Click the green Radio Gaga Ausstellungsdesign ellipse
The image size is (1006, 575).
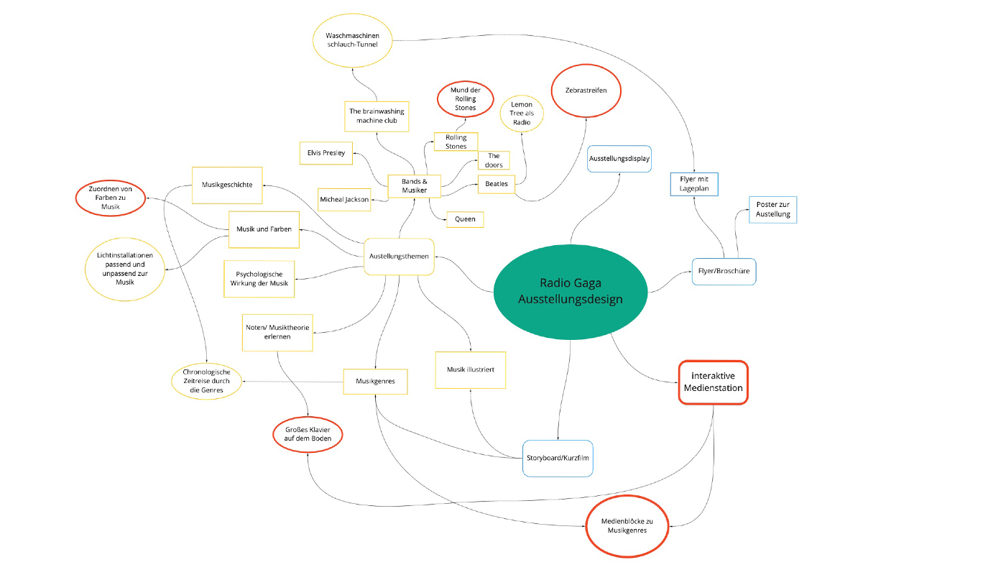coord(571,291)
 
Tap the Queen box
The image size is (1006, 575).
coord(465,219)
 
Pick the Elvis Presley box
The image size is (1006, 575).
coord(326,152)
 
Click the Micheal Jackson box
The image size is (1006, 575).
coord(344,199)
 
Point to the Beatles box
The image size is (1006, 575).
coord(497,184)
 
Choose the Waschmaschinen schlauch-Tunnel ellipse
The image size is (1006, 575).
coord(353,40)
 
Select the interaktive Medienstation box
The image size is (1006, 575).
coord(713,382)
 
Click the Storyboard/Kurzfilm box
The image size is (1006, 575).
coord(558,459)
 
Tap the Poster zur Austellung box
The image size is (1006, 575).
coord(773,209)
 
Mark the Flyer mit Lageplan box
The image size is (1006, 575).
coord(694,184)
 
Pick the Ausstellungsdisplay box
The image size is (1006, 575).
coord(619,158)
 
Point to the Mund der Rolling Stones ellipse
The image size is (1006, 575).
coord(465,98)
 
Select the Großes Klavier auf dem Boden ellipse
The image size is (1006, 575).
coord(308,434)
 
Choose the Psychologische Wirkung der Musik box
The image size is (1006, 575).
coord(259,278)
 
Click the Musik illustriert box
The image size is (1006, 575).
coord(470,369)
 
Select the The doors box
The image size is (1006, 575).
coord(494,160)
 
